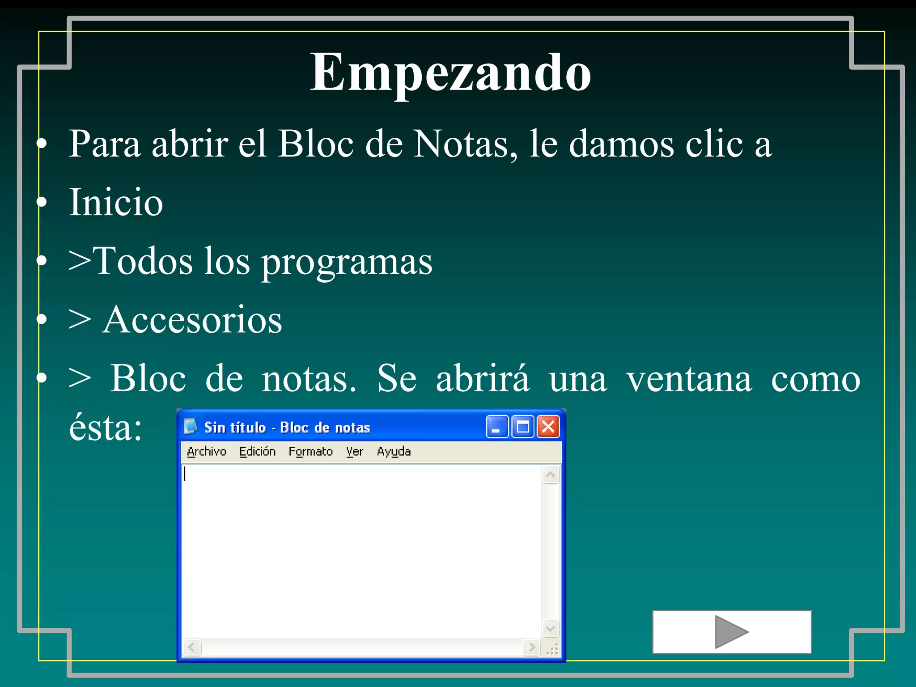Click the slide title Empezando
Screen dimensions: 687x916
pyautogui.click(x=450, y=72)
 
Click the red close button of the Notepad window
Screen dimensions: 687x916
pyautogui.click(x=548, y=427)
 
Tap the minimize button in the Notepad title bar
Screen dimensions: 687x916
pyautogui.click(x=497, y=427)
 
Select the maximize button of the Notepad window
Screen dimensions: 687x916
pyautogui.click(x=523, y=427)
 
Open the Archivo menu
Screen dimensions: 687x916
pyautogui.click(x=207, y=452)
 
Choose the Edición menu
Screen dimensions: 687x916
pyautogui.click(x=257, y=452)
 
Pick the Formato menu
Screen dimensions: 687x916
pyautogui.click(x=310, y=452)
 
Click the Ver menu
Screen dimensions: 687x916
pyautogui.click(x=354, y=452)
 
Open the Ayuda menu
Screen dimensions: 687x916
pyautogui.click(x=394, y=452)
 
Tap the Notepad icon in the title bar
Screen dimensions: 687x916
pyautogui.click(x=191, y=426)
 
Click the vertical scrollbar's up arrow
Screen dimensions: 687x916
pyautogui.click(x=551, y=475)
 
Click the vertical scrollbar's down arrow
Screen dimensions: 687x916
pyautogui.click(x=551, y=628)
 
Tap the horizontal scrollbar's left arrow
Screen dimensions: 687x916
pyautogui.click(x=192, y=647)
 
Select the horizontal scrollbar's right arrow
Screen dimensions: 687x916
pyautogui.click(x=531, y=647)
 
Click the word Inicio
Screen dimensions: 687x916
pyautogui.click(x=116, y=203)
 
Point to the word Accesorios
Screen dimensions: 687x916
pyautogui.click(x=192, y=320)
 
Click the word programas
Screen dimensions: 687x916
pyautogui.click(x=347, y=262)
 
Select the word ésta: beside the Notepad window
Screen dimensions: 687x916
pyautogui.click(x=106, y=428)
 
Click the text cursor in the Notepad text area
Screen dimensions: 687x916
pyautogui.click(x=185, y=474)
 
